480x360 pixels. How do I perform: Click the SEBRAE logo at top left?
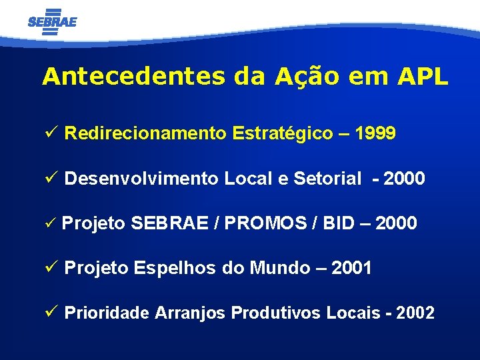point(53,21)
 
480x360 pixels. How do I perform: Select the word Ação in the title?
point(306,77)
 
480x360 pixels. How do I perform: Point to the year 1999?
point(376,134)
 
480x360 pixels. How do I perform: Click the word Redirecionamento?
point(146,134)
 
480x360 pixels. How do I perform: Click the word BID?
point(339,223)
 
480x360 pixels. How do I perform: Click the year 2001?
point(351,268)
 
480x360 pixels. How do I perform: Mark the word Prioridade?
point(107,313)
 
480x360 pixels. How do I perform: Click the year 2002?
point(415,313)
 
